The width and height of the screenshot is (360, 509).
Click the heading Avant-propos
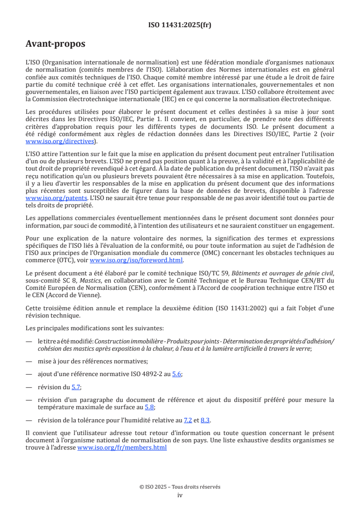(x=55, y=44)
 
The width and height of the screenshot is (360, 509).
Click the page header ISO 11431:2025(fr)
(x=180, y=25)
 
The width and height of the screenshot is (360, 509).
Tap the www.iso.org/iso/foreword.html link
(x=136, y=260)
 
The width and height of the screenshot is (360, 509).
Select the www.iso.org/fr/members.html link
(x=122, y=447)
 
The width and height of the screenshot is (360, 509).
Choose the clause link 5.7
(x=76, y=387)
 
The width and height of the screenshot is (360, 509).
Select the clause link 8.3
(x=205, y=420)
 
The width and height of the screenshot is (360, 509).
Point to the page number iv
(x=180, y=495)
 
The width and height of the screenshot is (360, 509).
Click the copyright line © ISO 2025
(x=180, y=486)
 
